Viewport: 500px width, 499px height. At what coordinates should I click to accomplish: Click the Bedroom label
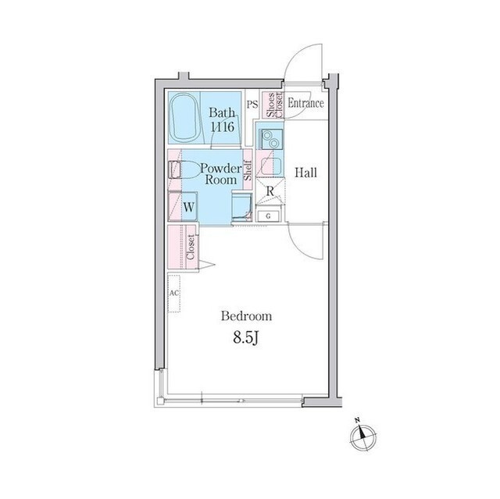[x=247, y=316]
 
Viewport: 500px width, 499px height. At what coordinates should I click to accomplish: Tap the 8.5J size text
[x=245, y=337]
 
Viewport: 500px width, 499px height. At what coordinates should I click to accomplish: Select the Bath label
[x=222, y=112]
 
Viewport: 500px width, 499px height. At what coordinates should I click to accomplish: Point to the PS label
[x=252, y=104]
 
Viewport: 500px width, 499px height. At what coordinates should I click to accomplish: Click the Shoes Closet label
[x=274, y=105]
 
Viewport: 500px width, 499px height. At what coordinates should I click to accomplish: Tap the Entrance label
[x=305, y=103]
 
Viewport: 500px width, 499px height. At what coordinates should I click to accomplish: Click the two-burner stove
[x=271, y=139]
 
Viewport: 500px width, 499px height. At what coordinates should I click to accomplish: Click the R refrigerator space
[x=270, y=191]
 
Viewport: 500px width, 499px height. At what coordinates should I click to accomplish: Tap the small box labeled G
[x=269, y=216]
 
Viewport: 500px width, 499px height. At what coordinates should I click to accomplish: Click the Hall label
[x=305, y=173]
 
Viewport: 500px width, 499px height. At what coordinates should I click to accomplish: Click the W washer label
[x=189, y=208]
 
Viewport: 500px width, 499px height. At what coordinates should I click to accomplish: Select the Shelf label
[x=248, y=170]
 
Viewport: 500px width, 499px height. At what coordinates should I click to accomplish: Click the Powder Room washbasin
[x=241, y=205]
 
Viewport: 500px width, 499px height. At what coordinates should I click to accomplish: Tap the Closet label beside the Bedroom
[x=191, y=248]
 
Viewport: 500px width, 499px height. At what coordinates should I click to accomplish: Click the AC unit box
[x=174, y=294]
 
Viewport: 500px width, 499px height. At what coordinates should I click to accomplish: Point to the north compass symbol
[x=363, y=436]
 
